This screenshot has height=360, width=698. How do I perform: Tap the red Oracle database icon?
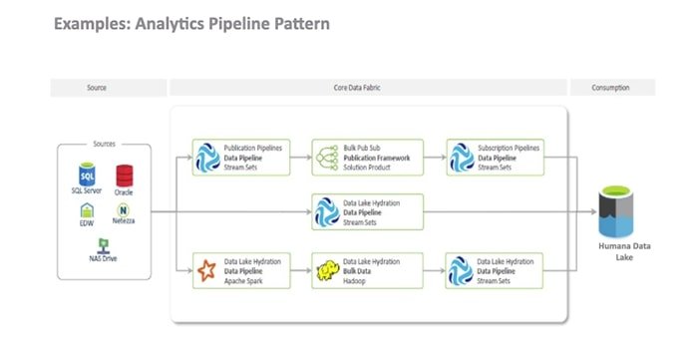124,175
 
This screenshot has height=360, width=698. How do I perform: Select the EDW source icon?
87,210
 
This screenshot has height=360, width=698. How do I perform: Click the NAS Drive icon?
103,244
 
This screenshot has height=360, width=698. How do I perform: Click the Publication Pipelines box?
241,158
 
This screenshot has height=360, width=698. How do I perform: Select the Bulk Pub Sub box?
368,158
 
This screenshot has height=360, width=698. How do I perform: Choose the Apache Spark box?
241,270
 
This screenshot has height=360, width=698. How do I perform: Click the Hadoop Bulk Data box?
368,270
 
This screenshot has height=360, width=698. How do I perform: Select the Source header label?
97,88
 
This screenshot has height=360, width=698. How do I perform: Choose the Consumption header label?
611,88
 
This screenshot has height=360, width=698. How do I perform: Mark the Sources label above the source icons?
104,144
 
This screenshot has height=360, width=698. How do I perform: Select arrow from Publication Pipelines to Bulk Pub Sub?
301,158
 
